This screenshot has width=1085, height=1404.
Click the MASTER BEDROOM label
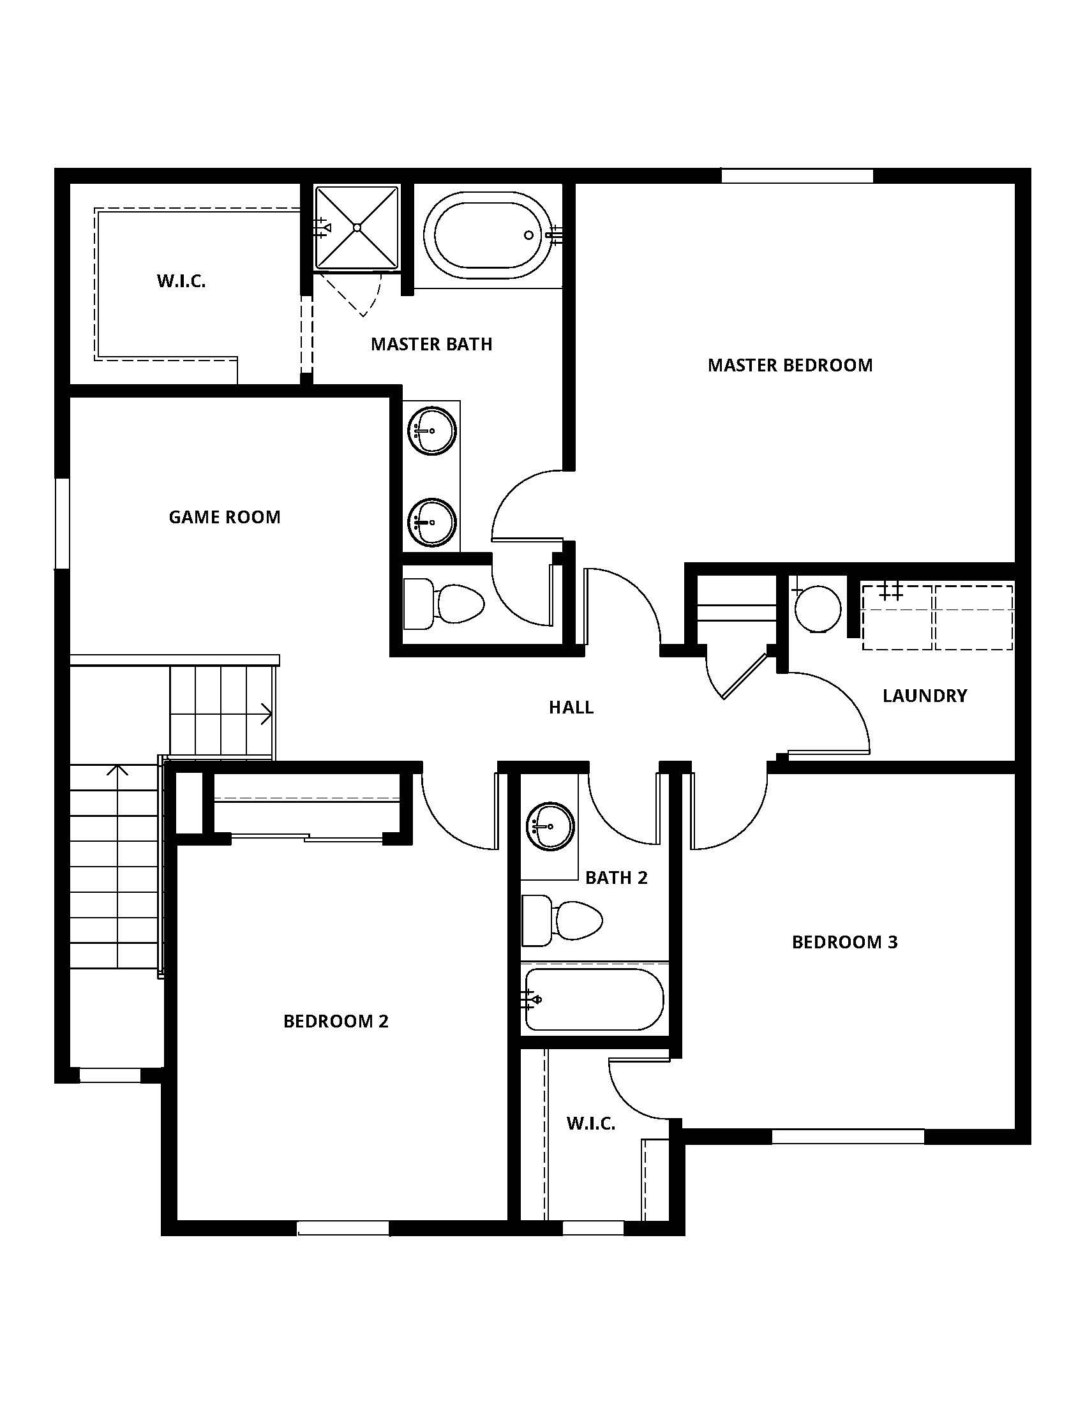(x=790, y=365)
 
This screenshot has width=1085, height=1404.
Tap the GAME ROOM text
(x=224, y=517)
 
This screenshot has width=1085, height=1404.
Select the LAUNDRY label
(x=924, y=696)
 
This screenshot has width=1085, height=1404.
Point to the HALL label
(x=571, y=707)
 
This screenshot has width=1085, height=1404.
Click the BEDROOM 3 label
(x=844, y=942)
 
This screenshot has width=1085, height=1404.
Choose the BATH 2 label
(x=616, y=877)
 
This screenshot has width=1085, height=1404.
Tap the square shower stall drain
(x=357, y=227)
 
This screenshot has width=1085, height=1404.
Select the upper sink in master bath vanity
(x=431, y=430)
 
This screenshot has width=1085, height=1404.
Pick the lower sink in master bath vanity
(x=431, y=522)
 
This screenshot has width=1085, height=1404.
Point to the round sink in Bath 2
(x=550, y=826)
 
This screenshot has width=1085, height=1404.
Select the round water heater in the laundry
(x=818, y=608)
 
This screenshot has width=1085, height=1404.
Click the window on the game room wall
(x=62, y=523)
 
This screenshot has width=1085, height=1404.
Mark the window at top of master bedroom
(x=797, y=175)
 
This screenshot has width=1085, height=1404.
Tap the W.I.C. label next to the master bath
(x=181, y=281)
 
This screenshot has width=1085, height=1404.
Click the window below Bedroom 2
(x=344, y=1228)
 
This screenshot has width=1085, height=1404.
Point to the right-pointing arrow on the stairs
(x=265, y=713)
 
